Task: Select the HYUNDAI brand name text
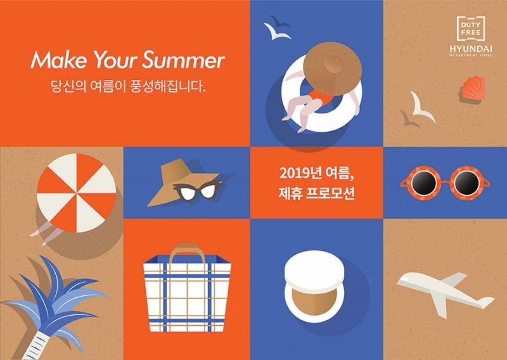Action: (x=470, y=48)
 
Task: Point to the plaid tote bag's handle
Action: (x=187, y=249)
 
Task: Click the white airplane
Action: (x=444, y=292)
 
